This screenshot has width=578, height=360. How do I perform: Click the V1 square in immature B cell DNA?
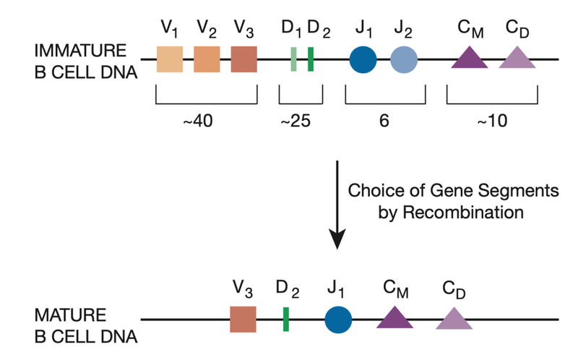click(x=170, y=59)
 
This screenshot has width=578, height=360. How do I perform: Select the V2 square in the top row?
click(x=207, y=59)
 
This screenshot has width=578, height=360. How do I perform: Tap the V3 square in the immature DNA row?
click(x=244, y=59)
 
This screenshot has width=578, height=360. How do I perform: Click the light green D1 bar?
click(x=294, y=59)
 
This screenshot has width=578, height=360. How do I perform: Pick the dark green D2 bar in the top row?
click(x=311, y=59)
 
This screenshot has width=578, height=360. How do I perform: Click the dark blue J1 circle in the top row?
click(x=363, y=59)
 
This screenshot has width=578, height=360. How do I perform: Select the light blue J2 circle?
click(x=405, y=59)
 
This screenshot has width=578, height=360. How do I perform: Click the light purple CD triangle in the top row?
click(x=517, y=58)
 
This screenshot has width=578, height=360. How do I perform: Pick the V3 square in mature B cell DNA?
click(x=243, y=319)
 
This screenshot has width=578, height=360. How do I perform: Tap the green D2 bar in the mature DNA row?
click(x=286, y=319)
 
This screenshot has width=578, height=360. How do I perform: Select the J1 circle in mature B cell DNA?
click(x=338, y=319)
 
